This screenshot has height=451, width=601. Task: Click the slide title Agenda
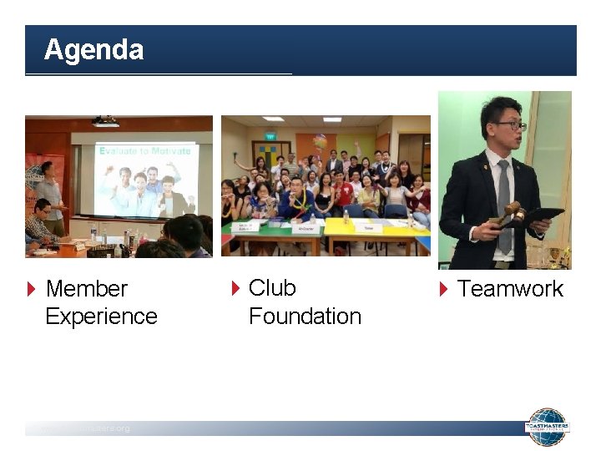(x=93, y=50)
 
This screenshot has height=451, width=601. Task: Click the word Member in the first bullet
(x=86, y=289)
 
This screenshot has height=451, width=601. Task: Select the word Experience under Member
(x=101, y=317)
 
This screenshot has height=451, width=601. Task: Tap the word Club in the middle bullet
(x=272, y=288)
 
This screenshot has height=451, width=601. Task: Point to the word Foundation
(x=305, y=317)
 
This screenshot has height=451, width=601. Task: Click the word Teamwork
(x=510, y=289)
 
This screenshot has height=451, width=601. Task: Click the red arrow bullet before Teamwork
(x=444, y=290)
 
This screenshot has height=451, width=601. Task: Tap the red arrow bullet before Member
(x=32, y=290)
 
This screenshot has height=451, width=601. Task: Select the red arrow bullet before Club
(x=235, y=289)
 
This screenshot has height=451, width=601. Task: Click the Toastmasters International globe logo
(x=547, y=427)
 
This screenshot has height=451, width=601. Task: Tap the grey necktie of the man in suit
(x=503, y=200)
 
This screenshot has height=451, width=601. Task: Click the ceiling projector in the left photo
(x=105, y=122)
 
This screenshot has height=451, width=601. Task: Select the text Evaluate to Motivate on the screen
(x=144, y=150)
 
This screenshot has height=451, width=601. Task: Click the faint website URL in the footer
(x=83, y=428)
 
